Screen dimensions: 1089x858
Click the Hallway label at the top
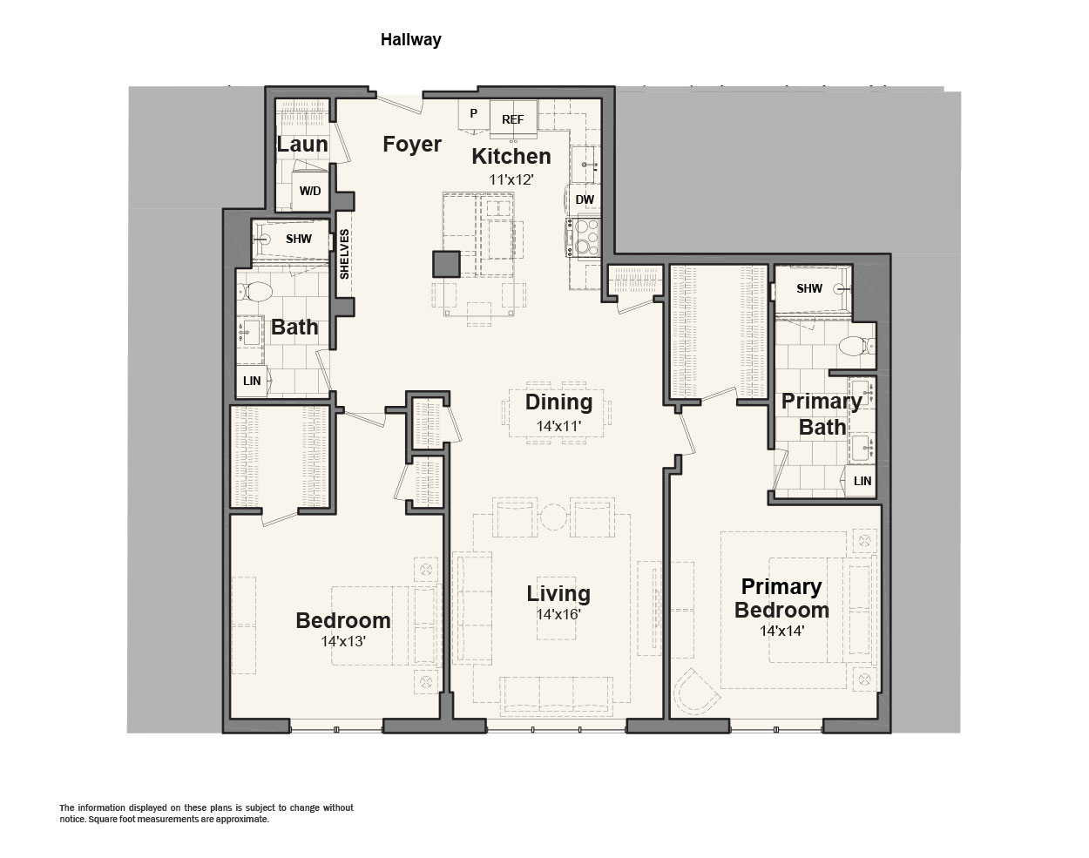(410, 39)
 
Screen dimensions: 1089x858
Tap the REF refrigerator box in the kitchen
(513, 118)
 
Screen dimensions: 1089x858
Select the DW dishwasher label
(585, 199)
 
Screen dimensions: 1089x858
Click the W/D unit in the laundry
(310, 191)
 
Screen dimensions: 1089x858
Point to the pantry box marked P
(473, 114)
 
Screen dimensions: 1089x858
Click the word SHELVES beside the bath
(345, 254)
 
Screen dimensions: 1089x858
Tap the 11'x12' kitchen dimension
(511, 179)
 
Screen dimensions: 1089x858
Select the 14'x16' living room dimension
(558, 614)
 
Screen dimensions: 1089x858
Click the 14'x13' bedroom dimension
(343, 641)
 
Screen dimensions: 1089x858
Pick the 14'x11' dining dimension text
(558, 426)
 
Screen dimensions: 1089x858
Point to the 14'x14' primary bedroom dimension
(781, 631)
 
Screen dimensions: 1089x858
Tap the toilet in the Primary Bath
(856, 347)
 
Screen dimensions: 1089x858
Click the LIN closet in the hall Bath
(252, 381)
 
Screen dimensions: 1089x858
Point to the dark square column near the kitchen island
(446, 264)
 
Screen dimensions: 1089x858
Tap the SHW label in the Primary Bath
(809, 288)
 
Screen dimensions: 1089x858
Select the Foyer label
(412, 145)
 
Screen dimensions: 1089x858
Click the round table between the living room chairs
(553, 517)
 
